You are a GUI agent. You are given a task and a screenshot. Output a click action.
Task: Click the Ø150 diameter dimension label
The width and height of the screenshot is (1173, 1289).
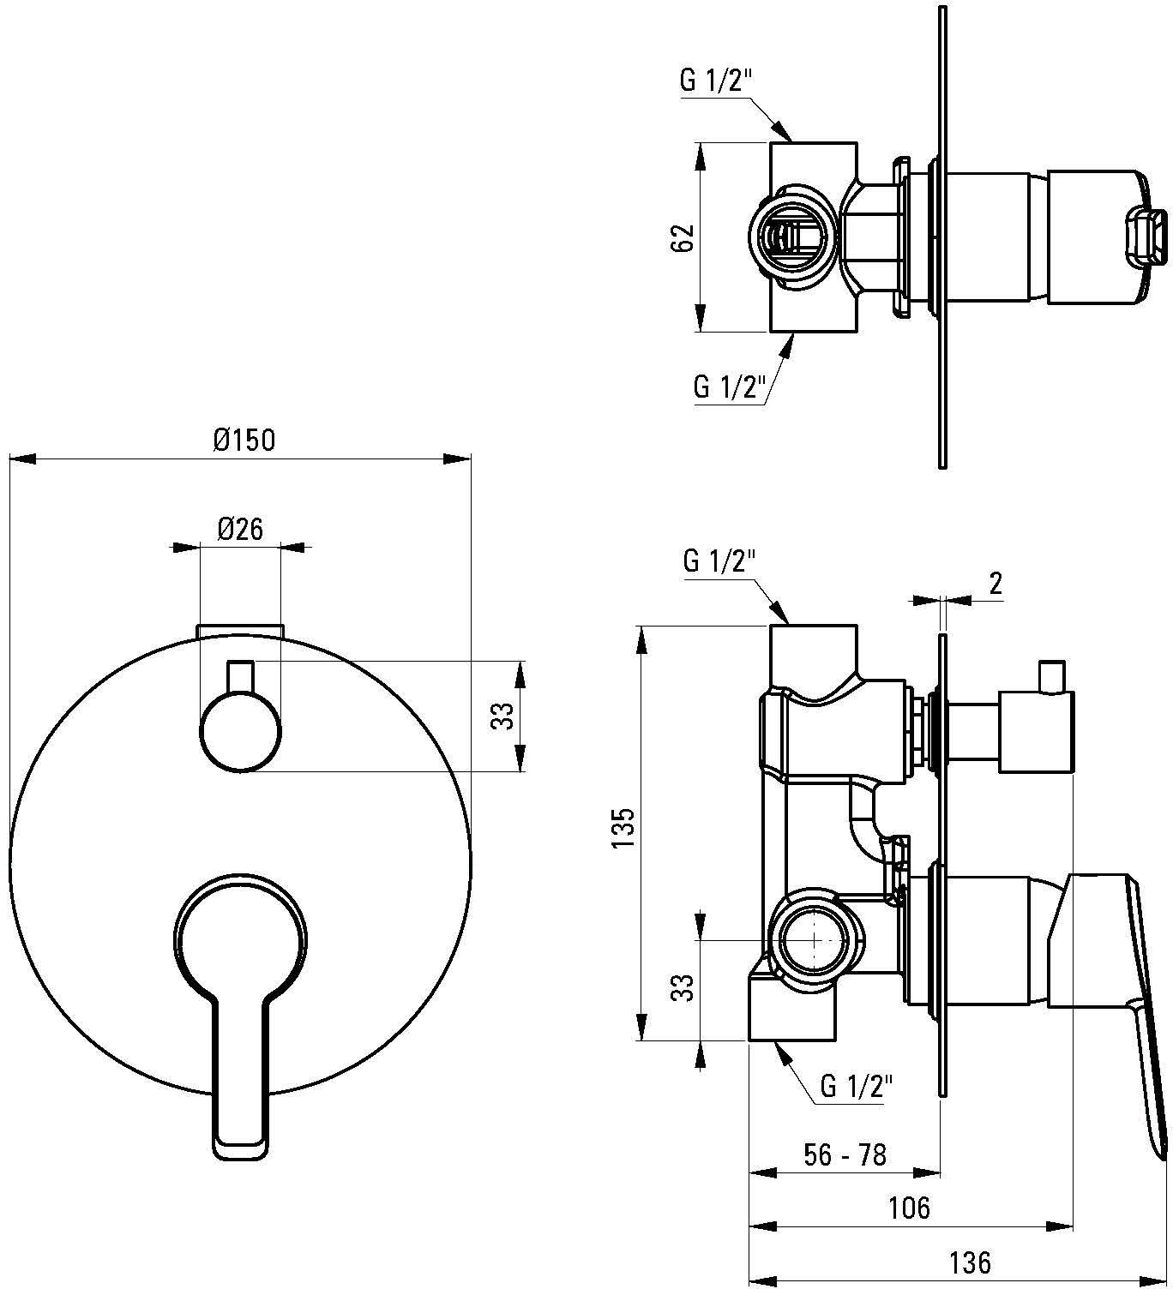[x=244, y=441]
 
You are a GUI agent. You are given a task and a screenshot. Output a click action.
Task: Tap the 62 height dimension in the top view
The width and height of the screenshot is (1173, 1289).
[x=686, y=237]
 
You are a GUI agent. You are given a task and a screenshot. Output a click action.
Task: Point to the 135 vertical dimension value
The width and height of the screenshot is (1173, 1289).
[x=623, y=828]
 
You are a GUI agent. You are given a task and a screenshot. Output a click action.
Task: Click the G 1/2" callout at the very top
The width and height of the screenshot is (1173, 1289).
[x=716, y=81]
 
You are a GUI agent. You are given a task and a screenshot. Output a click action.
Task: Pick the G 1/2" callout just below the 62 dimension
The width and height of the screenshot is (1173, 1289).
[x=729, y=387]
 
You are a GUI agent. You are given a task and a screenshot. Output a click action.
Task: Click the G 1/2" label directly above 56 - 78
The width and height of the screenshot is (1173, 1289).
[x=857, y=1085]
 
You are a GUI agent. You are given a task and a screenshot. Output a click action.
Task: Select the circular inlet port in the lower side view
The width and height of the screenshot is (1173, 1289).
[x=814, y=939]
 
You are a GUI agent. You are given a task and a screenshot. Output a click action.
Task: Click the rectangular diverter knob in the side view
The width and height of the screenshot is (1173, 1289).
[x=1036, y=733]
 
